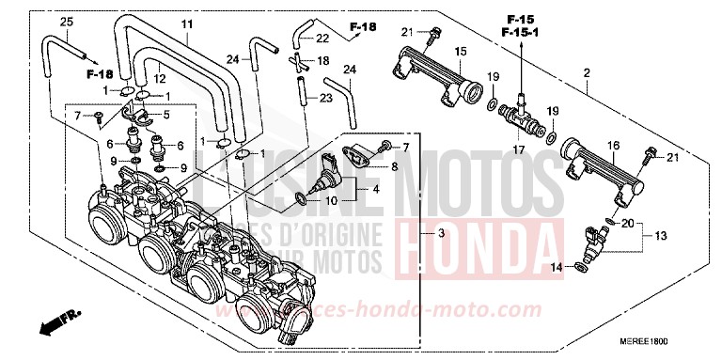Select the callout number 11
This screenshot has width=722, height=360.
click(186, 23)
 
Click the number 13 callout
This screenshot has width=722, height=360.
click(660, 235)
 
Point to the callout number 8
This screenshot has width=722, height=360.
click(394, 165)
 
